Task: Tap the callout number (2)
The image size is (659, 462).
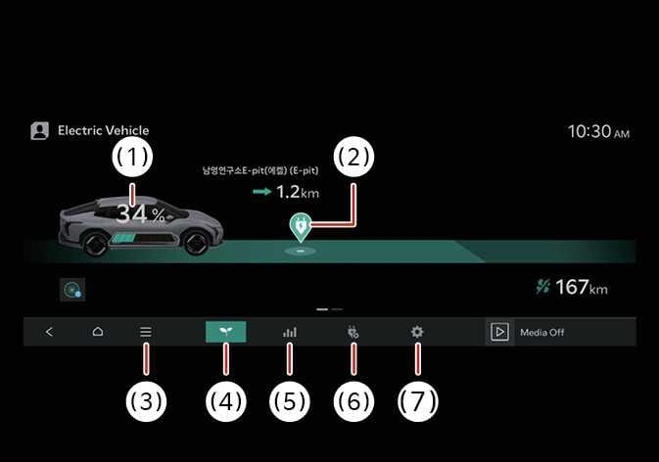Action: point(353,156)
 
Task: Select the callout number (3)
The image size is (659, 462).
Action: point(146,399)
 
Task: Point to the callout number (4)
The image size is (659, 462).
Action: point(226,399)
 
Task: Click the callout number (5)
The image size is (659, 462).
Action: point(289,399)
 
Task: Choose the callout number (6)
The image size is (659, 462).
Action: point(353,399)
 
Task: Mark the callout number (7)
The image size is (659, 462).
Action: point(418,399)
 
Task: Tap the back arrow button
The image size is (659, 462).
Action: point(49,332)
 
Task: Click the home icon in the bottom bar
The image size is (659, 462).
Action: point(98,332)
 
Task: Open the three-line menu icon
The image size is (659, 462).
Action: point(146,332)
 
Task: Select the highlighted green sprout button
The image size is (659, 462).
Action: point(226,332)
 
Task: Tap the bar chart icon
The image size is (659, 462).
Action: point(289,332)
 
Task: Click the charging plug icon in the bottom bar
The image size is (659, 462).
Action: point(353,332)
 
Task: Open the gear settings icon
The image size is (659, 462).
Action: point(417,332)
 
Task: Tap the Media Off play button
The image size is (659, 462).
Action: point(499,332)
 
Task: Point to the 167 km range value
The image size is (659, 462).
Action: point(581,288)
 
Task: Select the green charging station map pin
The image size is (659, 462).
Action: point(301,227)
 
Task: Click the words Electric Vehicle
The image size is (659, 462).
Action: point(103,130)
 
